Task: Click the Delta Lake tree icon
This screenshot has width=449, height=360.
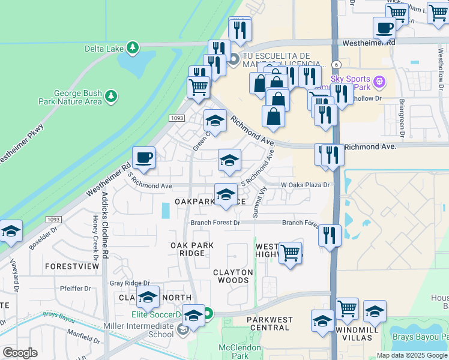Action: [x=133, y=47]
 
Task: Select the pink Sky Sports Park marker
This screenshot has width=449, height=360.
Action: [x=379, y=80]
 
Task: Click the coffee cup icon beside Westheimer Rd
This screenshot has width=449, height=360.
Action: [x=143, y=158]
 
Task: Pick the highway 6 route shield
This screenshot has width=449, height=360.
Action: [x=337, y=64]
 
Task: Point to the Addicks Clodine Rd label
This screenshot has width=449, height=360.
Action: [x=104, y=226]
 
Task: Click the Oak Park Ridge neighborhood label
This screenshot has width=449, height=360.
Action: [x=188, y=249]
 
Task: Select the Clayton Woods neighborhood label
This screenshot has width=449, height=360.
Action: [x=233, y=276]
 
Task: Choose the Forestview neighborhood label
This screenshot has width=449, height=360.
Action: [x=71, y=265]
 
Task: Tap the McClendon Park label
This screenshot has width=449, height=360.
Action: [x=239, y=352]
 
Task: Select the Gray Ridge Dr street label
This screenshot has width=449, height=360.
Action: [x=129, y=283]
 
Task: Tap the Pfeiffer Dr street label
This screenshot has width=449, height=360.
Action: [x=75, y=289]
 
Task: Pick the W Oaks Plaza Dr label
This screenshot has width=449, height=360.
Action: [x=306, y=185]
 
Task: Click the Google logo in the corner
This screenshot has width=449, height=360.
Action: [x=20, y=353]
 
